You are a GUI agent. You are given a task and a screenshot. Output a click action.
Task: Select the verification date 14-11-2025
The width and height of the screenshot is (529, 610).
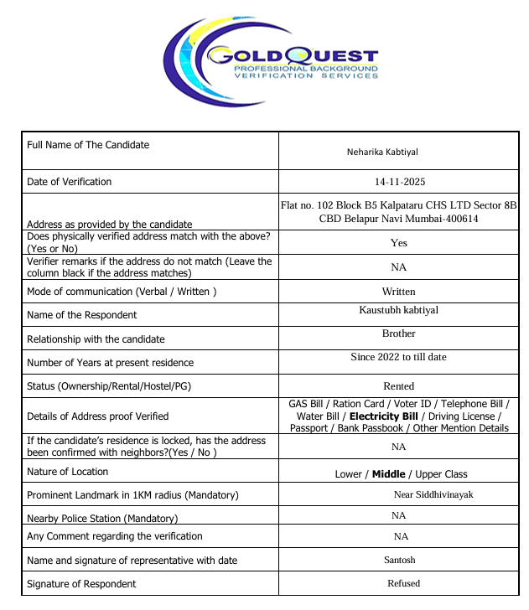click(399, 182)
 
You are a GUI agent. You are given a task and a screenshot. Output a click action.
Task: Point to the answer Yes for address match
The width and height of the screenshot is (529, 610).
click(399, 242)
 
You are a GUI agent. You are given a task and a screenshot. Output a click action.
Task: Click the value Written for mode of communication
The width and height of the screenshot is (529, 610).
click(399, 292)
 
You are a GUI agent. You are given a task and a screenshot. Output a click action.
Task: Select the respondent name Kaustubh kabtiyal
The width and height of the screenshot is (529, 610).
click(398, 310)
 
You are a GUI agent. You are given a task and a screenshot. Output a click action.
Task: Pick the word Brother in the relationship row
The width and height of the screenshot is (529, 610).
click(399, 333)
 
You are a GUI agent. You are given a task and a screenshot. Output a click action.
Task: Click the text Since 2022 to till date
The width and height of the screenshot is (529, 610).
click(398, 357)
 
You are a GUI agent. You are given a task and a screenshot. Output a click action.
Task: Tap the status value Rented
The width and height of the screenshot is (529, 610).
click(399, 386)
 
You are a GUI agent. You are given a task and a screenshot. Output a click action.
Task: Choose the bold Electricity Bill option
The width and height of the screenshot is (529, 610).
click(383, 416)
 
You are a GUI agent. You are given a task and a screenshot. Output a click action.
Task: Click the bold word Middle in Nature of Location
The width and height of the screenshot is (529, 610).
click(388, 474)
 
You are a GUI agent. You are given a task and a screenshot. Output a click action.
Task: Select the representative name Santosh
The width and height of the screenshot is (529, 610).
click(399, 560)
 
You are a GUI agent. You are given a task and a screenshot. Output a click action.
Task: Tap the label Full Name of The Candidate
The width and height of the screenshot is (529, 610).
click(88, 145)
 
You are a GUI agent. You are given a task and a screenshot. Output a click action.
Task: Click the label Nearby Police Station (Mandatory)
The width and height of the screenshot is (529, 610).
click(102, 519)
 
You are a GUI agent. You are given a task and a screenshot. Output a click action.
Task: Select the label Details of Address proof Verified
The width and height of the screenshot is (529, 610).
click(98, 416)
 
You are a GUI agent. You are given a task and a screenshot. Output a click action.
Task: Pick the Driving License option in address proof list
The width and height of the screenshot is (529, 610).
click(462, 416)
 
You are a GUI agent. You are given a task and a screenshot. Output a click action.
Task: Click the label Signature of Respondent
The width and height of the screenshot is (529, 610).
click(81, 584)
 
